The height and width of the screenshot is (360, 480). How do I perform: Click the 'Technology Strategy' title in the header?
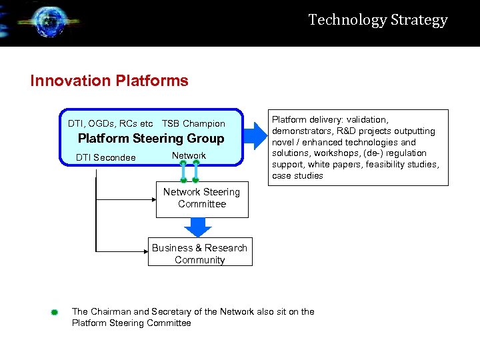click(x=378, y=20)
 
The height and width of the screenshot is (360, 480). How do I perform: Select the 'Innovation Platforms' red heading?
click(x=109, y=81)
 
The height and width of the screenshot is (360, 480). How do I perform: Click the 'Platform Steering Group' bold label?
click(x=151, y=139)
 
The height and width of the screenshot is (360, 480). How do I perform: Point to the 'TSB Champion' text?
click(x=193, y=123)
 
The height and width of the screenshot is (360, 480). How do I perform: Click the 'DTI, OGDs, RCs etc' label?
click(x=110, y=123)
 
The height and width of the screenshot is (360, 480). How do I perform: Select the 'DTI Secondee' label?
click(x=106, y=158)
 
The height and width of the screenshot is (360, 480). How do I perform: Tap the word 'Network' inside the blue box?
click(x=189, y=155)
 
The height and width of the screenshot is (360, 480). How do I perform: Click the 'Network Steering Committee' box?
click(x=202, y=199)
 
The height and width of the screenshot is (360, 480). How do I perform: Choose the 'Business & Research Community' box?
click(x=200, y=253)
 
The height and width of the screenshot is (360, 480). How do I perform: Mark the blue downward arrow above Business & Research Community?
click(x=197, y=227)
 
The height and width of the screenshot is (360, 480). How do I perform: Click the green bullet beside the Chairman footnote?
click(x=55, y=312)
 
